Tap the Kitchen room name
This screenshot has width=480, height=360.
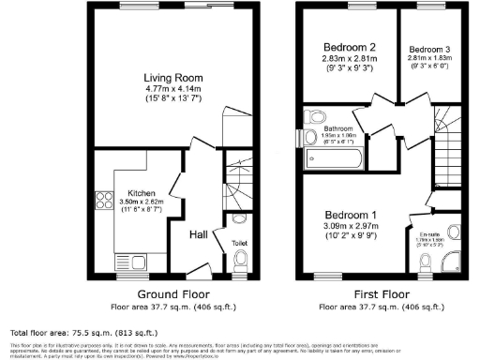pyautogui.click(x=141, y=194)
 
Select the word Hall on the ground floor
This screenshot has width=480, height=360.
pyautogui.click(x=199, y=234)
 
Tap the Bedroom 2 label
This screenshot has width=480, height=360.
pyautogui.click(x=350, y=47)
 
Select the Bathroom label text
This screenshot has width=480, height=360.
pyautogui.click(x=337, y=128)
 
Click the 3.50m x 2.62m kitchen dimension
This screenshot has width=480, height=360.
pyautogui.click(x=141, y=203)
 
